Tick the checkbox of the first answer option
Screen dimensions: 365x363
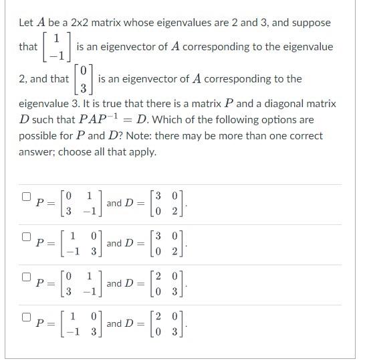26,197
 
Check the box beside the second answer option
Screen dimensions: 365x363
26,237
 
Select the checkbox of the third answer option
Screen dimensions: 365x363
26,277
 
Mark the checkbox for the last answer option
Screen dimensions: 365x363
26,317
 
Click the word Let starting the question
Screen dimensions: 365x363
26,23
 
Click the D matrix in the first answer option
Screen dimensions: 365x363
165,203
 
